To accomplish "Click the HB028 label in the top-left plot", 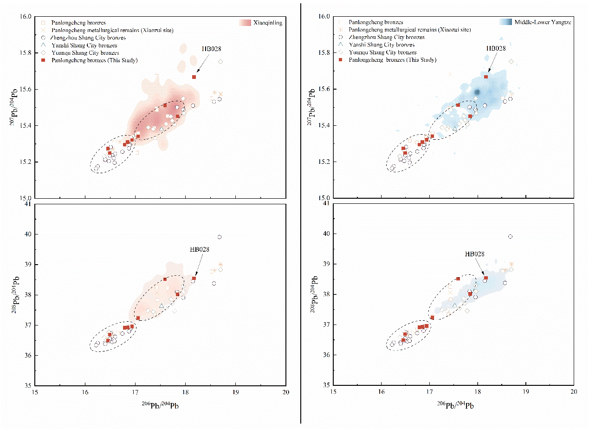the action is point(211,49).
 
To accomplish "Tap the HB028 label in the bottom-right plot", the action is point(475,254).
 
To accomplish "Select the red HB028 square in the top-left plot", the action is point(194,77).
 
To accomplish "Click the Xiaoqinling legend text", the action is point(268,23).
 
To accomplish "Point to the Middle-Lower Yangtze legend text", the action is point(543,22).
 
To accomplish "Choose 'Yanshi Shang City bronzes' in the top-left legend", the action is point(84,45).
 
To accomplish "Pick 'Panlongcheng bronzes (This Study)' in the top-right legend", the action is point(393,60).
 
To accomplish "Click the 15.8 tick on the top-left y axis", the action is point(26,53).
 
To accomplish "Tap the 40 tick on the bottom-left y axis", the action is point(28,234).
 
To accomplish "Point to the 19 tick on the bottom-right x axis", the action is point(525,392).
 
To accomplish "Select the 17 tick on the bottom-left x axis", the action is point(135,392).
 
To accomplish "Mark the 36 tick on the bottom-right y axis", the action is point(326,355).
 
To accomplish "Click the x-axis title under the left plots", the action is point(160,405).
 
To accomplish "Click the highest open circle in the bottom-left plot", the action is point(220,237).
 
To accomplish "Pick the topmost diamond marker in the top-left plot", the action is point(220,62).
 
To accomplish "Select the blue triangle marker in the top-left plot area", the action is point(162,129).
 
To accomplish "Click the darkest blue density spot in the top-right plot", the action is point(477,92).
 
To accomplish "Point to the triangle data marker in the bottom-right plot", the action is point(455,305).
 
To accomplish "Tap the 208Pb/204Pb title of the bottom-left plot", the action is point(15,295).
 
